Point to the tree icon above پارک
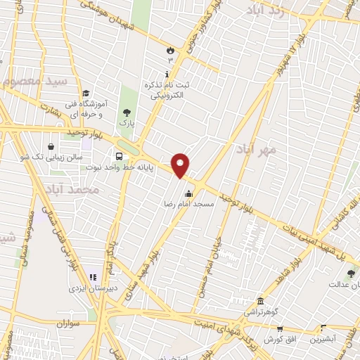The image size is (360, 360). point(127,112)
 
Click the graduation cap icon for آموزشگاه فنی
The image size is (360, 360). point(86,94)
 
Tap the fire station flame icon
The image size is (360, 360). point(169,49)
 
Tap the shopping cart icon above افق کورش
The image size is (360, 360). point(279,328)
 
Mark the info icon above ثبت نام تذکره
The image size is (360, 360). point(166,75)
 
